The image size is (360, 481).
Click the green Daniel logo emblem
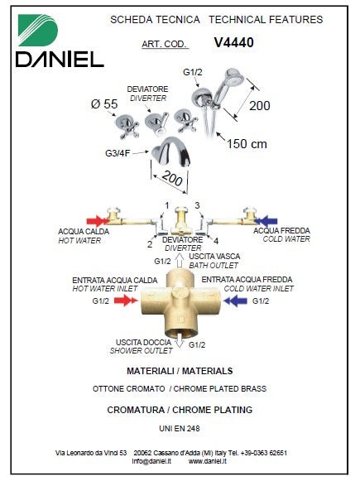(x=38, y=31)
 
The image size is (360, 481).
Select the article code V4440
(x=234, y=43)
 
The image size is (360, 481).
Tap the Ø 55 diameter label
(x=104, y=104)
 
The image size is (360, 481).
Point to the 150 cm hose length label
(x=247, y=144)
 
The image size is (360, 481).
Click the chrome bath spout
(x=171, y=152)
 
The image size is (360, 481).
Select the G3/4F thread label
(x=118, y=153)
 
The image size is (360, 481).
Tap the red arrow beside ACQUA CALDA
(x=98, y=221)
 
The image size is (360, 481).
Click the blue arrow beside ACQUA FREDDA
(x=266, y=221)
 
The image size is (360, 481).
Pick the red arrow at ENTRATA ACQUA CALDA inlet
(x=126, y=301)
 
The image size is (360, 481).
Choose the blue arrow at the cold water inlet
(x=235, y=301)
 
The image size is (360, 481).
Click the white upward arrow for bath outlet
(x=180, y=262)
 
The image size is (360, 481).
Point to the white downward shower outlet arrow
(x=180, y=341)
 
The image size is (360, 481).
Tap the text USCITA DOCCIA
(x=143, y=343)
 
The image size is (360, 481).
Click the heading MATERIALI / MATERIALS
(x=180, y=371)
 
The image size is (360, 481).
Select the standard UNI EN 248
(x=180, y=428)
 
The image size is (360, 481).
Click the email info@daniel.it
(x=151, y=461)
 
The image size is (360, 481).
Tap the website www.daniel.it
(x=207, y=461)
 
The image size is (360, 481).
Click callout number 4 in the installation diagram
(x=216, y=241)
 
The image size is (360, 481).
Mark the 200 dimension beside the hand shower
(x=259, y=106)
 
